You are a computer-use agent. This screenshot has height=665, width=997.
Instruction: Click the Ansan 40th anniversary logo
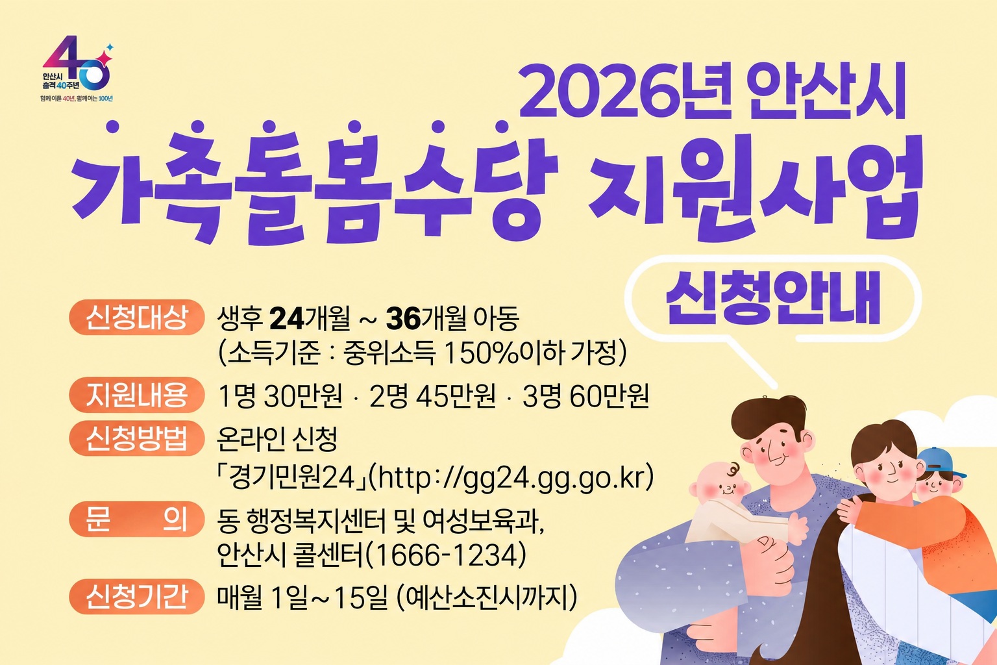(77, 69)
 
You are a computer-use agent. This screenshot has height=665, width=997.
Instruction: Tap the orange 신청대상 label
(136, 317)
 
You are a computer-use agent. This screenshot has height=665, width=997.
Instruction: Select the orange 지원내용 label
(136, 395)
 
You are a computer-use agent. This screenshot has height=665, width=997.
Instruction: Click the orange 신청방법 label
(136, 438)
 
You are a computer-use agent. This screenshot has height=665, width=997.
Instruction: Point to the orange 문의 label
(136, 520)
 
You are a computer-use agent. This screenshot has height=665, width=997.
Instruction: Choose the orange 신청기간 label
(136, 597)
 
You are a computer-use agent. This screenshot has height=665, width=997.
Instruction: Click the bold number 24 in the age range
(287, 319)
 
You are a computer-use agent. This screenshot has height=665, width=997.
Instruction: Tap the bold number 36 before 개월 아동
(403, 319)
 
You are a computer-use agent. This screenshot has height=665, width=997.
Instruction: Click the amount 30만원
(303, 396)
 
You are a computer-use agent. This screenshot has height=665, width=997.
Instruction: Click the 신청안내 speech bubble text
(773, 299)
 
